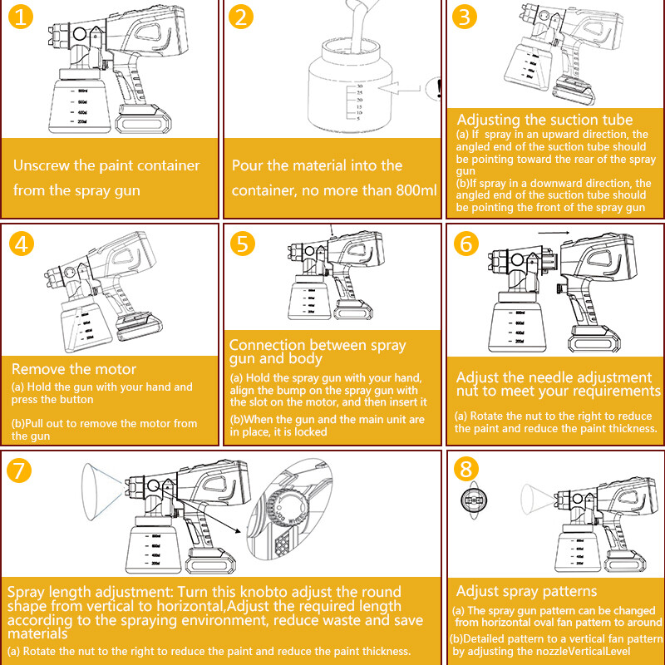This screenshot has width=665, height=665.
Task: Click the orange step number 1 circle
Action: [x=20, y=17]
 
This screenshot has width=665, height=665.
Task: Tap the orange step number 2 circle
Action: [x=241, y=17]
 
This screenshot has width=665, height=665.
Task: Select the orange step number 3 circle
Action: [x=465, y=17]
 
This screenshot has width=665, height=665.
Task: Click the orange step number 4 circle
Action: [x=22, y=244]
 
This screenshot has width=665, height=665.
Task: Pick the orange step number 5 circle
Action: [x=243, y=244]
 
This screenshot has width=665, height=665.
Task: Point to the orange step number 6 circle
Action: [x=465, y=244]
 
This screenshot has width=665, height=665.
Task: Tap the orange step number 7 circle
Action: [x=19, y=470]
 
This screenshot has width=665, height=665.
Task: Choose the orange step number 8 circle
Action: [x=465, y=469]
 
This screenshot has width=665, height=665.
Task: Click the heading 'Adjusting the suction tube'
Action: [x=544, y=120]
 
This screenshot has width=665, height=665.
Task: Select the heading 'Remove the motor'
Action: [x=74, y=369]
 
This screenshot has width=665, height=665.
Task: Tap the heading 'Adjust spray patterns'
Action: [x=526, y=591]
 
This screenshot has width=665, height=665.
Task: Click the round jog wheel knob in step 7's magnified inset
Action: [x=288, y=507]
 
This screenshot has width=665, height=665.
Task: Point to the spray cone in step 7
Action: [x=102, y=491]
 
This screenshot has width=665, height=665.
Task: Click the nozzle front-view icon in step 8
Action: [x=474, y=500]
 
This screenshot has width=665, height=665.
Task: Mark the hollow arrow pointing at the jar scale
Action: [x=399, y=89]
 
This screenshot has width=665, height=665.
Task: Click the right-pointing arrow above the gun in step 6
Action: [x=554, y=233]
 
